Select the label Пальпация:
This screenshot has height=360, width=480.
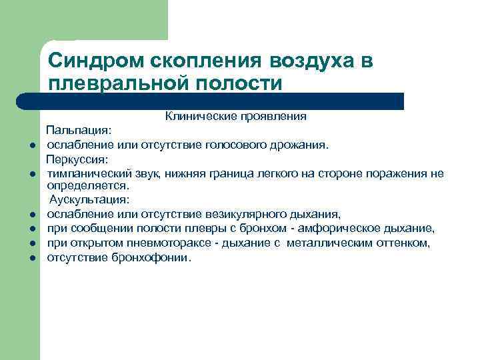(74, 131)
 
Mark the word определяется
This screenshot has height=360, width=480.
(78, 186)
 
